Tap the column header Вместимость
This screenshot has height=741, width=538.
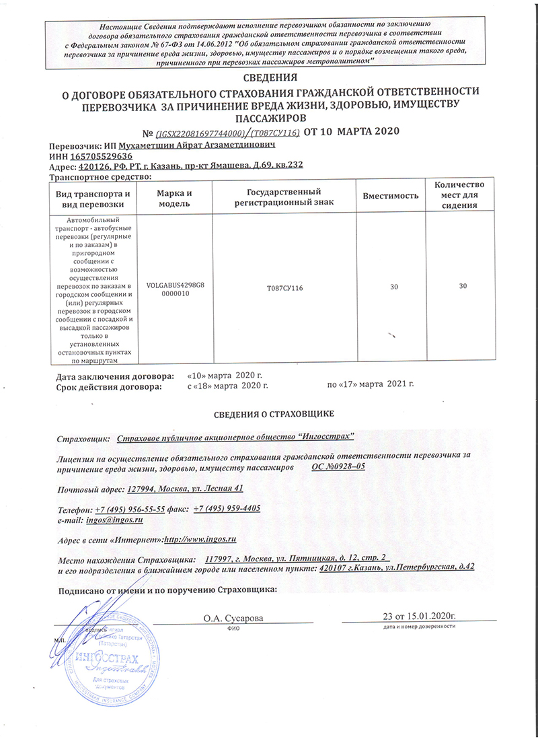pos(391,195)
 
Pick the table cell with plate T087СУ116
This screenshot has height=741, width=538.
pos(285,287)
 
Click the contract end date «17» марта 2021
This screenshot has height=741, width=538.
pos(370,385)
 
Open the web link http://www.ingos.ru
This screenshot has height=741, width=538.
pos(200,540)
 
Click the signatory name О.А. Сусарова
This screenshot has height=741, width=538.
pos(233,617)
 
